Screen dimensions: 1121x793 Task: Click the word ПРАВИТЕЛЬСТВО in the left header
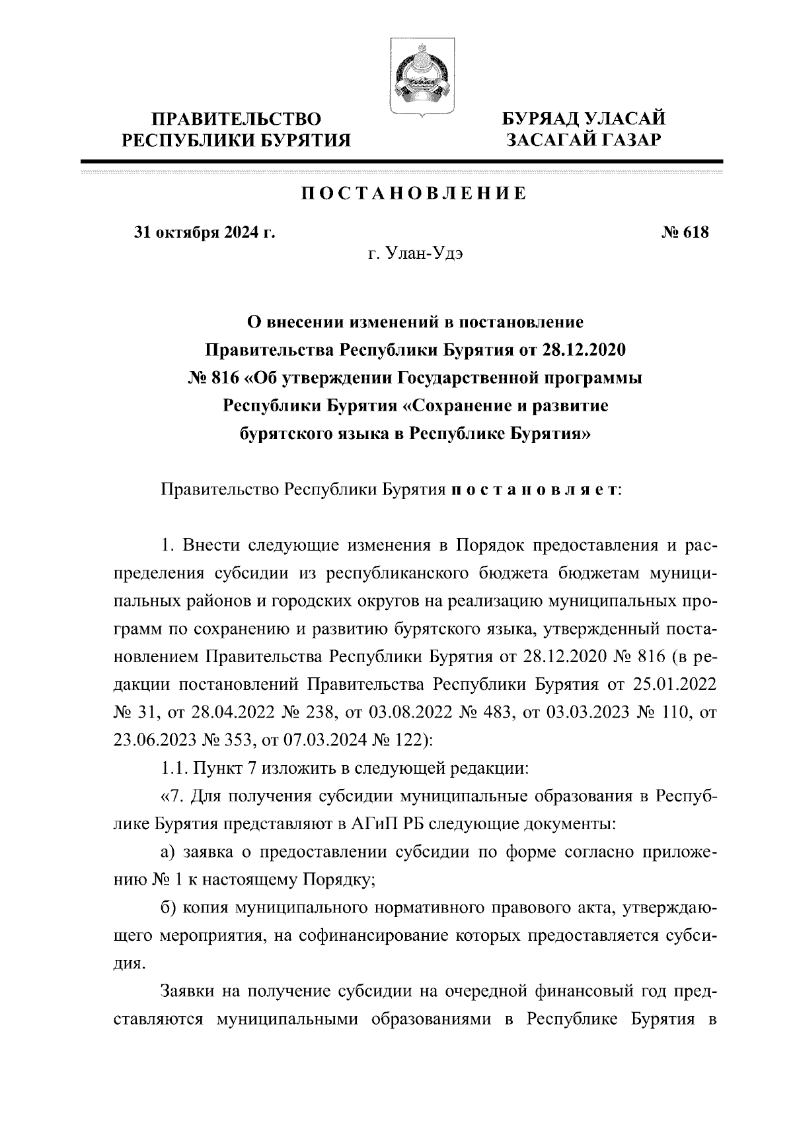pos(237,119)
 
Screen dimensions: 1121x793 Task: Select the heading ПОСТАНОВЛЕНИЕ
pos(414,194)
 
